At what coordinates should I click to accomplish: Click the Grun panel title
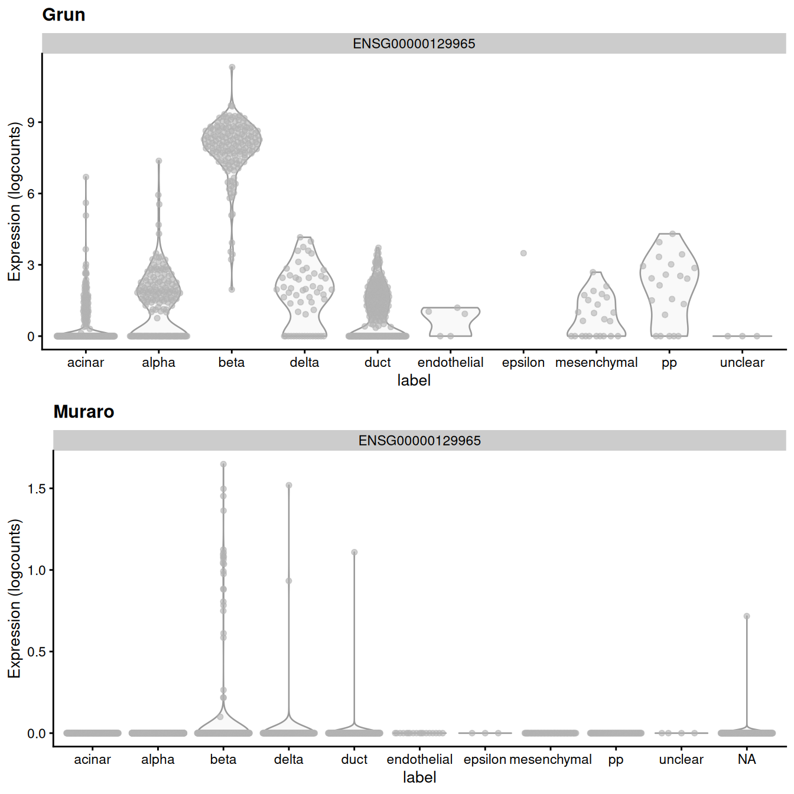tap(64, 15)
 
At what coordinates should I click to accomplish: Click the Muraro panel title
tap(84, 412)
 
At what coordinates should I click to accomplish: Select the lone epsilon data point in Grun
tap(523, 253)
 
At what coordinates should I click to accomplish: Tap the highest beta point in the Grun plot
tap(232, 67)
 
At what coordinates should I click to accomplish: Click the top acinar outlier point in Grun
tap(86, 177)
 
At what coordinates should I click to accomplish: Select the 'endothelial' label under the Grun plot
tap(450, 363)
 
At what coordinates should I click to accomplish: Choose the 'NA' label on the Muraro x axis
tap(747, 760)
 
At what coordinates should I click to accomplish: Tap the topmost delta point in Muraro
tap(289, 486)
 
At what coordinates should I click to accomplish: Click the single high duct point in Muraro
tap(354, 552)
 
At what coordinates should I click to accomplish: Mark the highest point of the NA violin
tap(747, 616)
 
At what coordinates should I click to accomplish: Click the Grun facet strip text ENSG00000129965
tap(414, 44)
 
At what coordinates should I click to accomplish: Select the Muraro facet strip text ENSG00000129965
tap(419, 441)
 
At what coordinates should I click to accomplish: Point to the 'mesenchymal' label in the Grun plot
tap(596, 363)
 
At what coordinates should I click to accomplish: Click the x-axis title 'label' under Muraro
tap(419, 777)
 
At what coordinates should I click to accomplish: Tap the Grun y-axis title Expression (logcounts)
tap(14, 201)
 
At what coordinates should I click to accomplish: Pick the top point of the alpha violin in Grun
tap(159, 161)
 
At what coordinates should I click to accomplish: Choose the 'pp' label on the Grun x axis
tap(669, 363)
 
